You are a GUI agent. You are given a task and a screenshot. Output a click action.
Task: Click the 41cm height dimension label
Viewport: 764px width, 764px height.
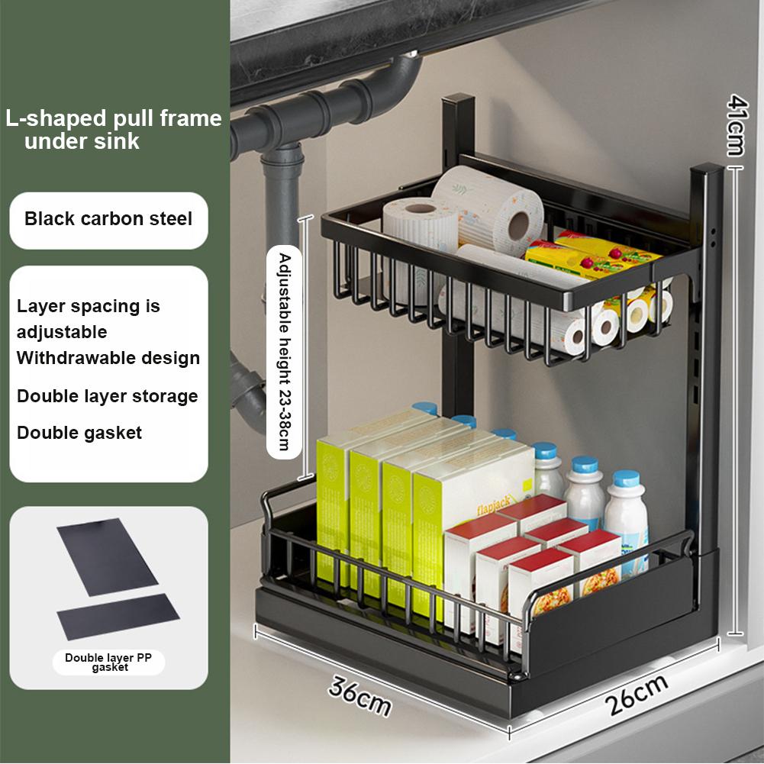pyautogui.click(x=736, y=124)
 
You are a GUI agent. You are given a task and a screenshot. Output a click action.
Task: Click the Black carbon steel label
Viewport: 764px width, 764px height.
pyautogui.click(x=108, y=219)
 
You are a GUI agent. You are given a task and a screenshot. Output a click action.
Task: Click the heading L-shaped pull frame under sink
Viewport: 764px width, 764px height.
pyautogui.click(x=113, y=129)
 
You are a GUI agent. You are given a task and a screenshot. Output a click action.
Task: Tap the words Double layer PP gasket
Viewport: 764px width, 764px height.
pyautogui.click(x=108, y=661)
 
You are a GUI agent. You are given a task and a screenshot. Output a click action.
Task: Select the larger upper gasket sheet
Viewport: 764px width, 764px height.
pyautogui.click(x=106, y=557)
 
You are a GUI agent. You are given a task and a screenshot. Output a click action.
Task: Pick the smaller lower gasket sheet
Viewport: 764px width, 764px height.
pyautogui.click(x=118, y=616)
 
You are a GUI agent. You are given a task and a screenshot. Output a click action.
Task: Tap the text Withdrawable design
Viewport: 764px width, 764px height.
pyautogui.click(x=108, y=358)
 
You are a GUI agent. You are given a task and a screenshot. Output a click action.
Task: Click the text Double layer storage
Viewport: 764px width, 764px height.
pyautogui.click(x=107, y=396)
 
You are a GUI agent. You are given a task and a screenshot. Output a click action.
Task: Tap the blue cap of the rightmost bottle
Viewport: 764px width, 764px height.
pyautogui.click(x=626, y=479)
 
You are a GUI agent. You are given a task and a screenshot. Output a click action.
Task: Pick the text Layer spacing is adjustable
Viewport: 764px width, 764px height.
pyautogui.click(x=88, y=319)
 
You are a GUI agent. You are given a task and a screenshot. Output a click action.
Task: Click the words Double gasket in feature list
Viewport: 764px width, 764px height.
pyautogui.click(x=79, y=433)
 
